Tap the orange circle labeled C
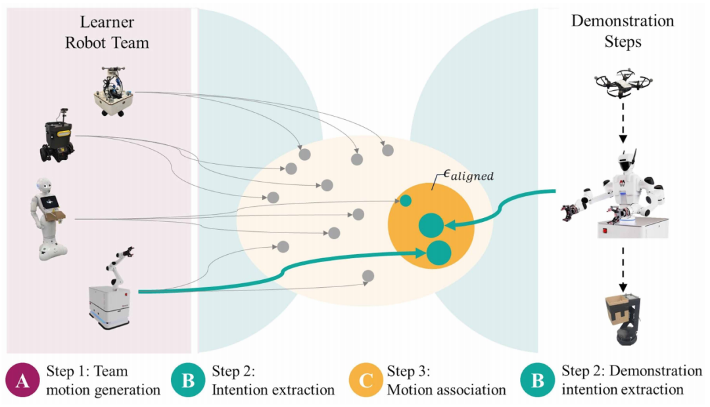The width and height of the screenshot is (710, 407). click(366, 381)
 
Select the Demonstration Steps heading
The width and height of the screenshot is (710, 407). click(622, 30)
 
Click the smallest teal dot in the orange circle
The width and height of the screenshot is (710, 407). click(406, 200)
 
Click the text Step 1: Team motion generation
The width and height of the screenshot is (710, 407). click(103, 381)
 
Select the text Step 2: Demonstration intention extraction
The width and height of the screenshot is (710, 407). click(623, 381)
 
